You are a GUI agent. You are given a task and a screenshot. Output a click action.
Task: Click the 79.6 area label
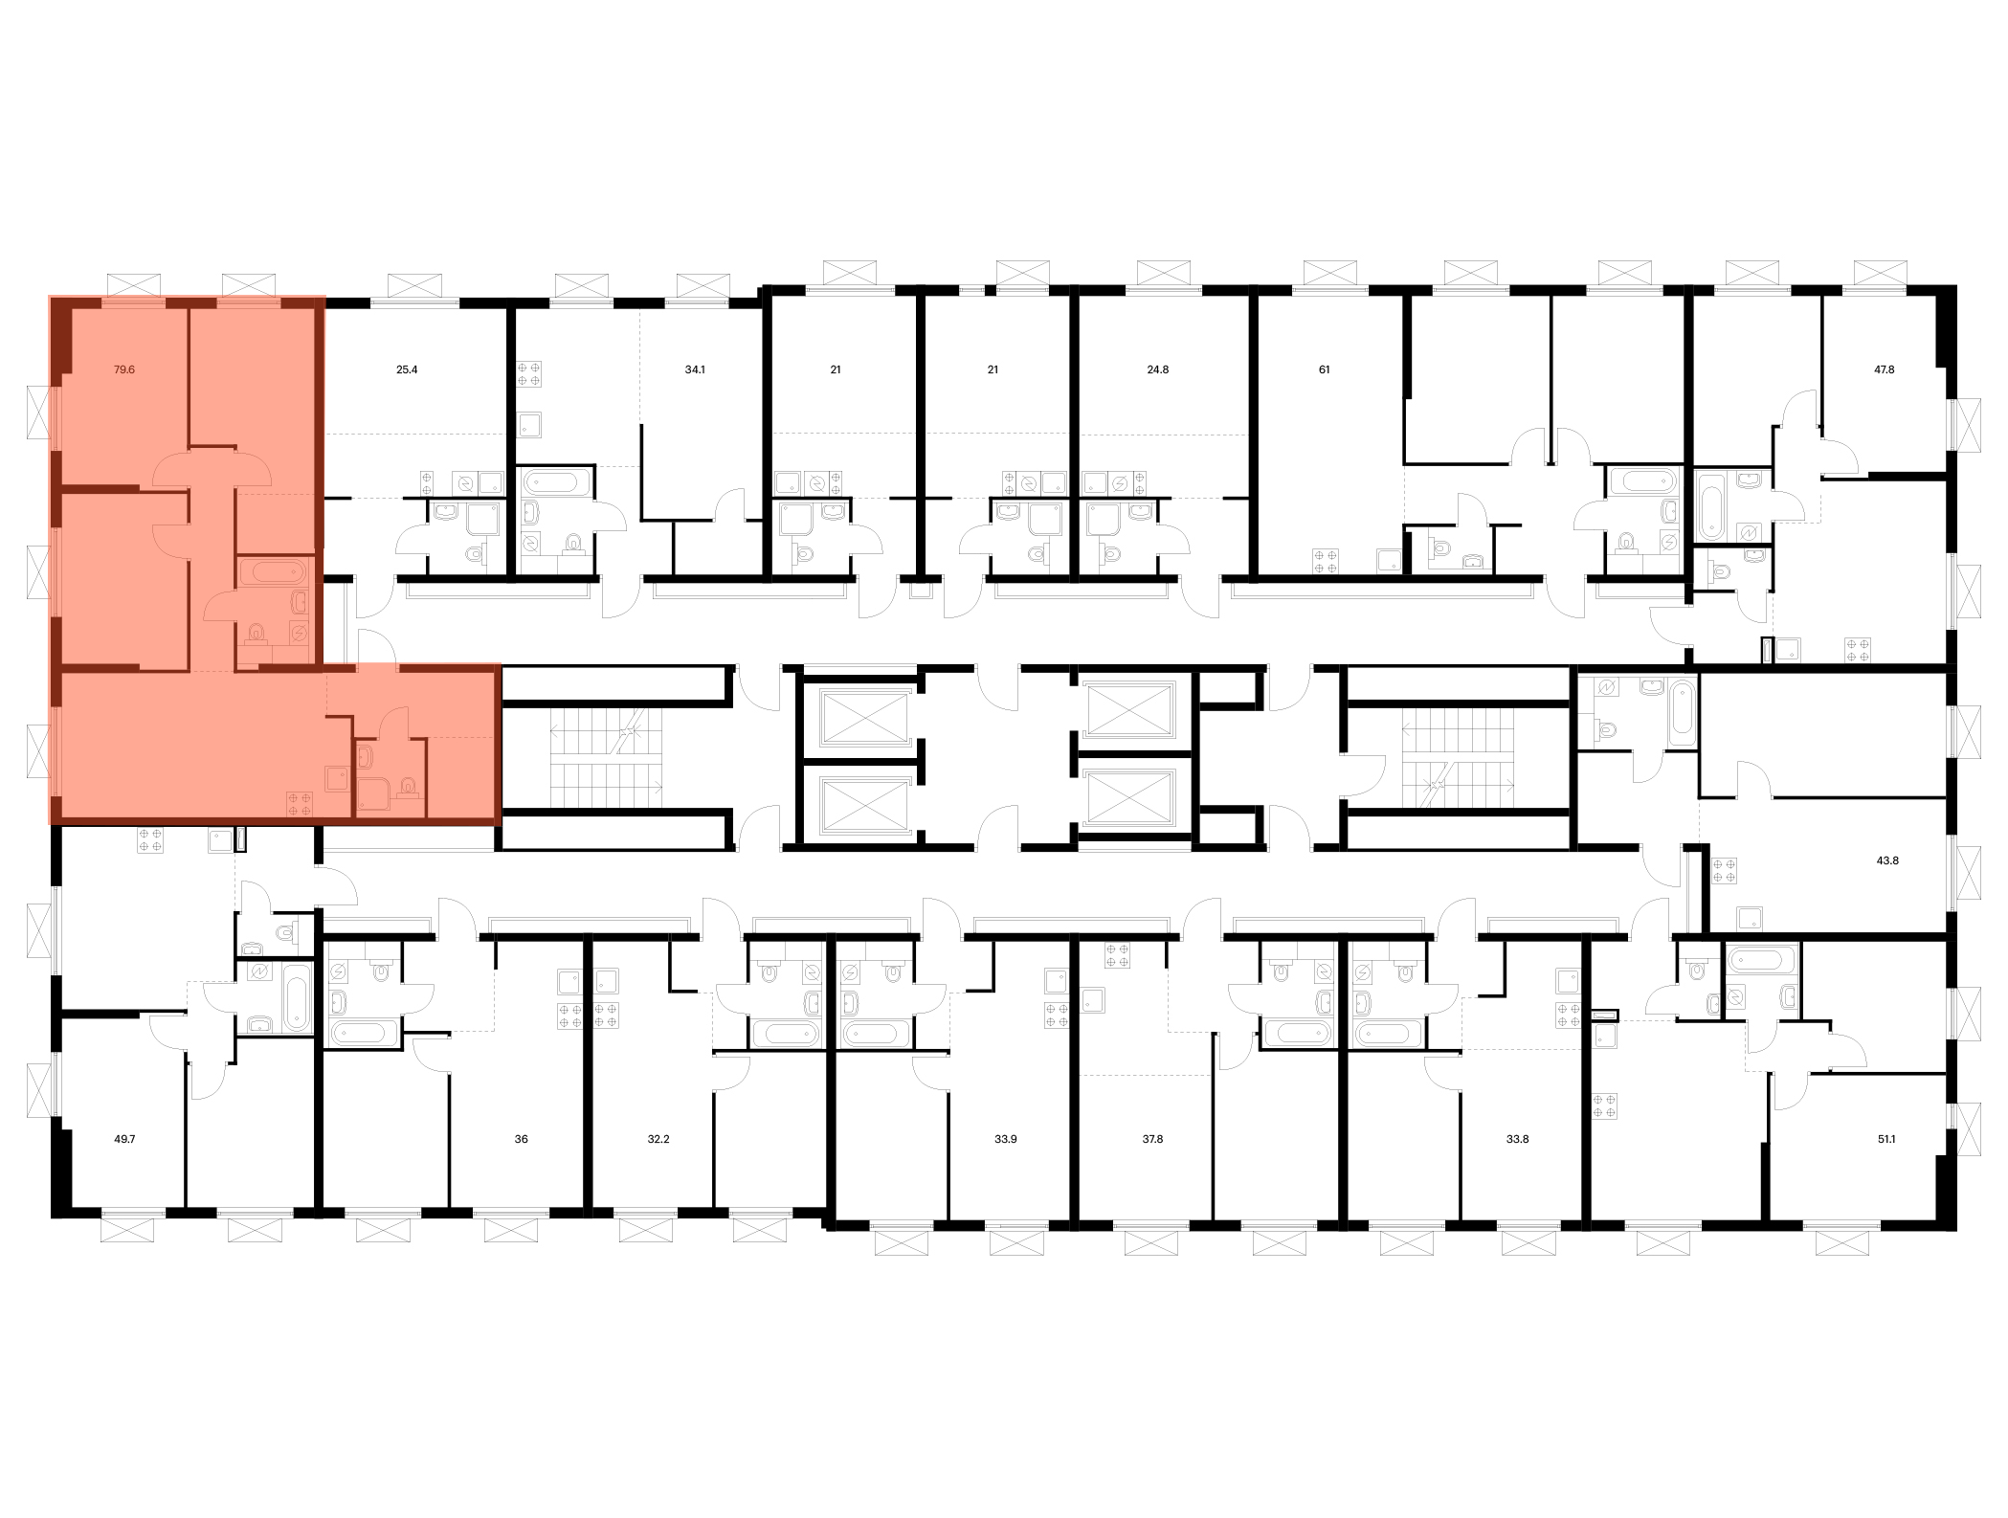[124, 368]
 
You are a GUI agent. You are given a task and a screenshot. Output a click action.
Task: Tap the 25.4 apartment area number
[407, 368]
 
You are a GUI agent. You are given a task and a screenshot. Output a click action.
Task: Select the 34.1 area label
[695, 368]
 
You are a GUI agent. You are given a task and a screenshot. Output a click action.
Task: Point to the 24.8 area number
[1158, 368]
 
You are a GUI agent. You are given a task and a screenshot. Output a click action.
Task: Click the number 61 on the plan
[1325, 368]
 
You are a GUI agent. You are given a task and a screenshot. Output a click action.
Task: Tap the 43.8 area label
[1888, 860]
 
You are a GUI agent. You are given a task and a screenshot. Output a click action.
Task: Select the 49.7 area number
[124, 1139]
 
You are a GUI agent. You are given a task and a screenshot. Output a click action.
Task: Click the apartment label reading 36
[522, 1139]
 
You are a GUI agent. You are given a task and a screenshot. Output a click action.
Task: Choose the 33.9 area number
[1005, 1139]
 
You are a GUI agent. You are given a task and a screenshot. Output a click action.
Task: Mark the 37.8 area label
[1152, 1139]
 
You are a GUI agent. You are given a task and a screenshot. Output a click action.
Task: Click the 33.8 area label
[1517, 1139]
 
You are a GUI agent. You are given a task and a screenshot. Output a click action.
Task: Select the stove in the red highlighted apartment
[300, 804]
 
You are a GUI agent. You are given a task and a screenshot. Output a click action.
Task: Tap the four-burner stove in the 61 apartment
[1327, 561]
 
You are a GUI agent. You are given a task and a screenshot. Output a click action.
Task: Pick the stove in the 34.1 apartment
[529, 372]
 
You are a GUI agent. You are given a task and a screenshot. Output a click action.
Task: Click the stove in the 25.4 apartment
[427, 482]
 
